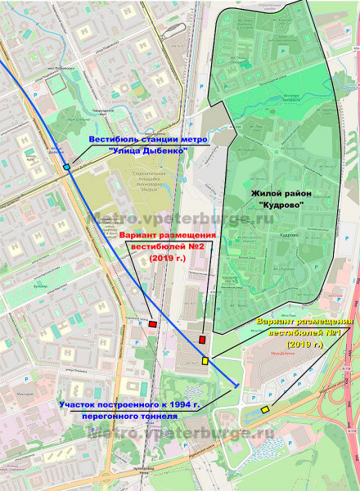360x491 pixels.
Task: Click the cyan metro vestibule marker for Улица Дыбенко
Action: click(x=66, y=167)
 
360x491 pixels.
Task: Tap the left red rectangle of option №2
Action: click(x=153, y=324)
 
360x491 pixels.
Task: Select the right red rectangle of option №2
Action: click(x=202, y=339)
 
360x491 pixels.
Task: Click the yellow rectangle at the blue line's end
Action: click(x=205, y=361)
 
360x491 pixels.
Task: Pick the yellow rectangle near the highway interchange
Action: click(x=265, y=408)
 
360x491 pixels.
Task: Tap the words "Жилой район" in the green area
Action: click(x=275, y=192)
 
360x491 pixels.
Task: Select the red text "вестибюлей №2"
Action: click(x=169, y=246)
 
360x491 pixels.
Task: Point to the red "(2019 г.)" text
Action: click(x=169, y=258)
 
